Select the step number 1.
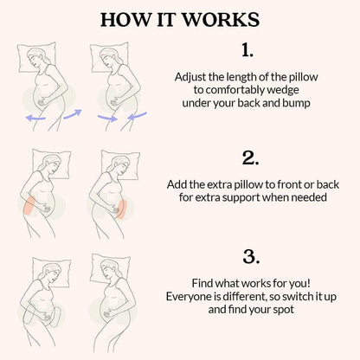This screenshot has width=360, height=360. [247, 49]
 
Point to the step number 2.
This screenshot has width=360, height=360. [250, 158]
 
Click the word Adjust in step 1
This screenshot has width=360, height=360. [193, 76]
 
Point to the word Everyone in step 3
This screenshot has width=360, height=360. [190, 296]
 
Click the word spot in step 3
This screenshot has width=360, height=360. [287, 309]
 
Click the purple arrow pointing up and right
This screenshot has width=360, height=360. [73, 112]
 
